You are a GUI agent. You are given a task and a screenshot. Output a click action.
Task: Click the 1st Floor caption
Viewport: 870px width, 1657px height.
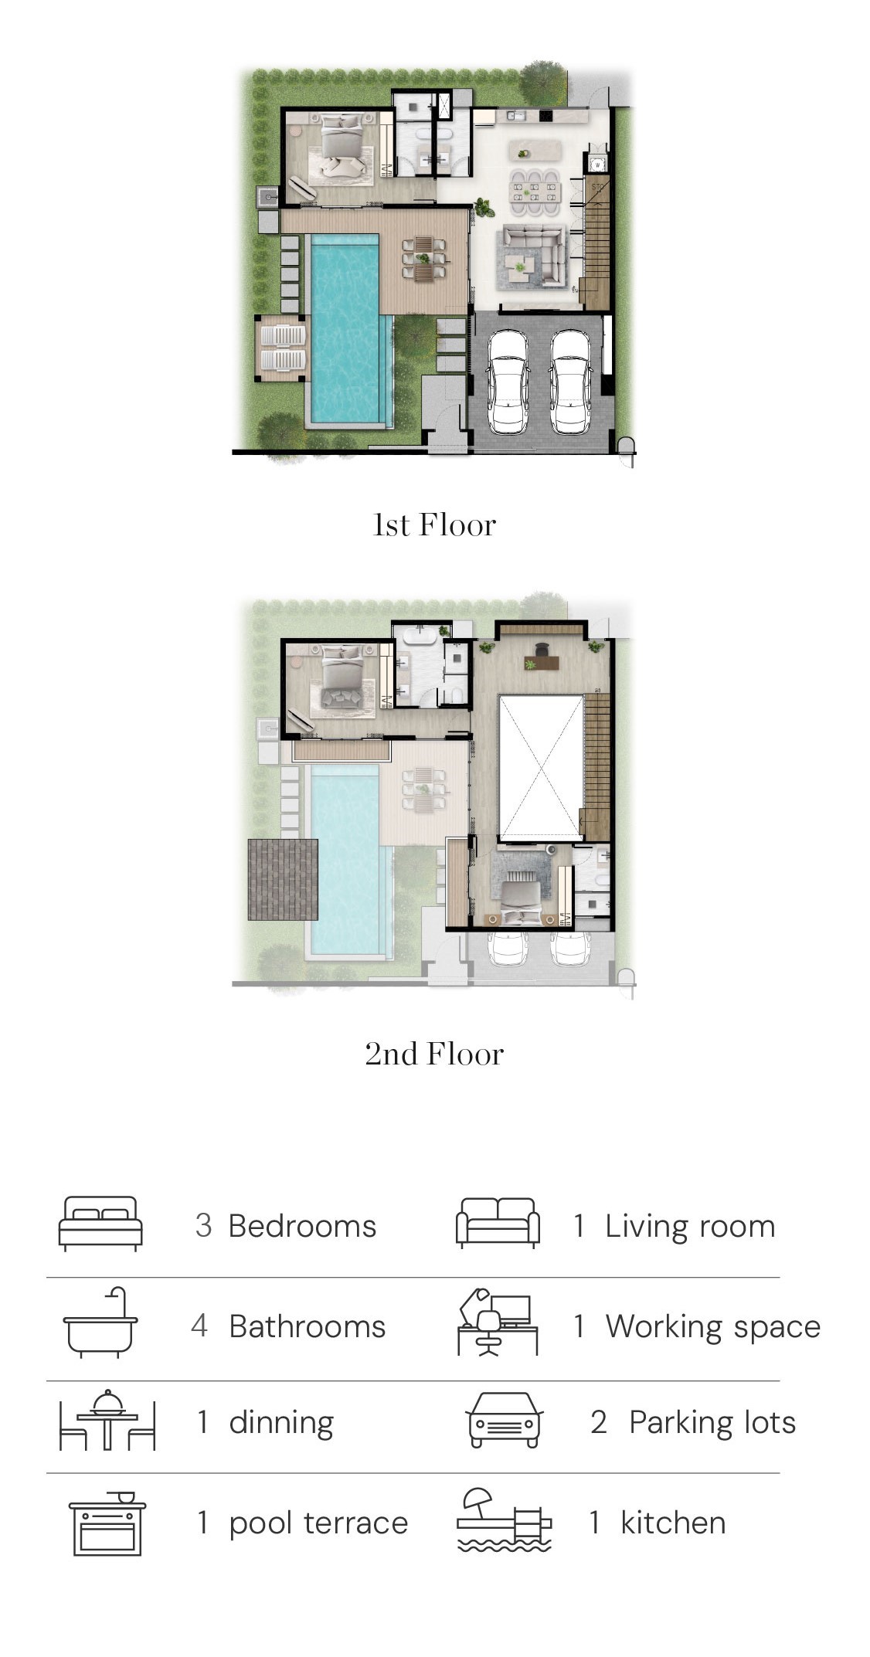[x=434, y=525]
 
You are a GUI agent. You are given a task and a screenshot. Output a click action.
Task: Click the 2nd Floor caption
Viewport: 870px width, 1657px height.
[x=434, y=1054]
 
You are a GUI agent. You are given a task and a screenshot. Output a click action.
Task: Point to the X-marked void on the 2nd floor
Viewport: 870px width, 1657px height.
[x=541, y=768]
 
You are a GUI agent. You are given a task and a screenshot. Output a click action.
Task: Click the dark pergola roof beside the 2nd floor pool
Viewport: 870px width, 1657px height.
[x=283, y=879]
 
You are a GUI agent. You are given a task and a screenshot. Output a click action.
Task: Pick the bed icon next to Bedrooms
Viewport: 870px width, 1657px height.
[x=100, y=1224]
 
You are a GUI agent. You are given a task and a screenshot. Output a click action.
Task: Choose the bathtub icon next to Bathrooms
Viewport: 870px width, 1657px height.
[x=100, y=1323]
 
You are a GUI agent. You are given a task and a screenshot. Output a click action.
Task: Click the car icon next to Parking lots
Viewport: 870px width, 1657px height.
[x=504, y=1420]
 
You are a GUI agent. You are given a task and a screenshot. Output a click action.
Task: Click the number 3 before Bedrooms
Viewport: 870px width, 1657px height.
[x=203, y=1226]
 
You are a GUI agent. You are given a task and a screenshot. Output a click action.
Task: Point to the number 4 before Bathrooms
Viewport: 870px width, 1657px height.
[x=199, y=1326]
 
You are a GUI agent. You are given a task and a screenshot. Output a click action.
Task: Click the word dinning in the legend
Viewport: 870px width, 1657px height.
[x=281, y=1423]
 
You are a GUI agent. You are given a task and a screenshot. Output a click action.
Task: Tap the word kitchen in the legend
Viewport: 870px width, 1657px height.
[x=673, y=1523]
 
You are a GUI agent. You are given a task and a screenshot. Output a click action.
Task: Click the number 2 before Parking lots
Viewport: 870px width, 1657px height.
[x=599, y=1422]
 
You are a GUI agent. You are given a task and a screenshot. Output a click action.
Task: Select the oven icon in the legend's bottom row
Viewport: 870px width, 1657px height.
[x=107, y=1523]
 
